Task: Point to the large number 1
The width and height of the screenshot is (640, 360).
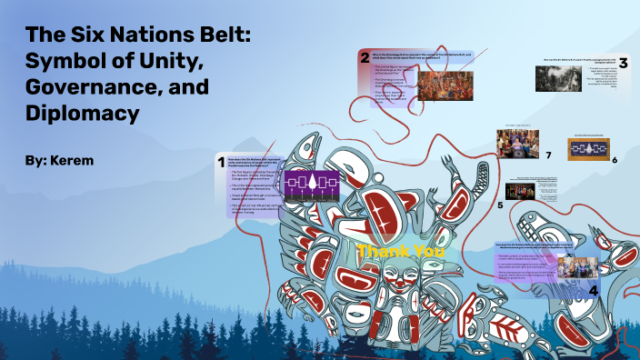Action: click(x=220, y=163)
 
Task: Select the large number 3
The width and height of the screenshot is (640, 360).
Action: click(x=623, y=63)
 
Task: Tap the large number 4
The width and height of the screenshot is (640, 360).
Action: click(x=593, y=290)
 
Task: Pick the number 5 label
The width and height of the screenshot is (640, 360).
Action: click(x=499, y=205)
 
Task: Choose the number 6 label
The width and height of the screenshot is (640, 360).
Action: click(x=615, y=160)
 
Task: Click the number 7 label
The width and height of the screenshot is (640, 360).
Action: click(x=548, y=155)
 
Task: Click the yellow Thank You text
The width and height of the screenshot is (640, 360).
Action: click(x=388, y=251)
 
